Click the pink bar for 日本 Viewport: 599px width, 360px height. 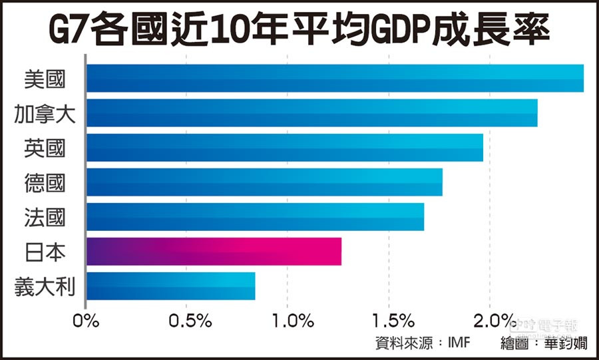point(214,252)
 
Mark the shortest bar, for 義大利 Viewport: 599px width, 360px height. point(170,286)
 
